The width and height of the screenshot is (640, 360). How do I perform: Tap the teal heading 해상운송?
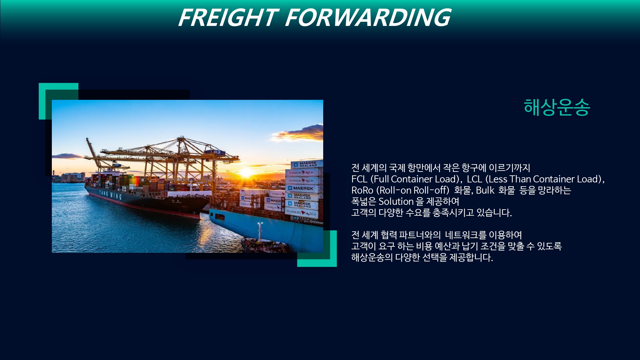tap(557, 107)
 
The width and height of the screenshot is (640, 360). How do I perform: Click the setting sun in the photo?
tap(247, 173)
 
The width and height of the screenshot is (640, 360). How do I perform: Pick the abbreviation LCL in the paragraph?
tap(474, 179)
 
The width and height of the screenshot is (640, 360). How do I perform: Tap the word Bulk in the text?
tap(485, 190)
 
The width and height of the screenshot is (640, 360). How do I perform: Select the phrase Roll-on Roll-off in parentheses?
tap(413, 190)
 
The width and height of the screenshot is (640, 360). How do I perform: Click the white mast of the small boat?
tap(260, 232)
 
